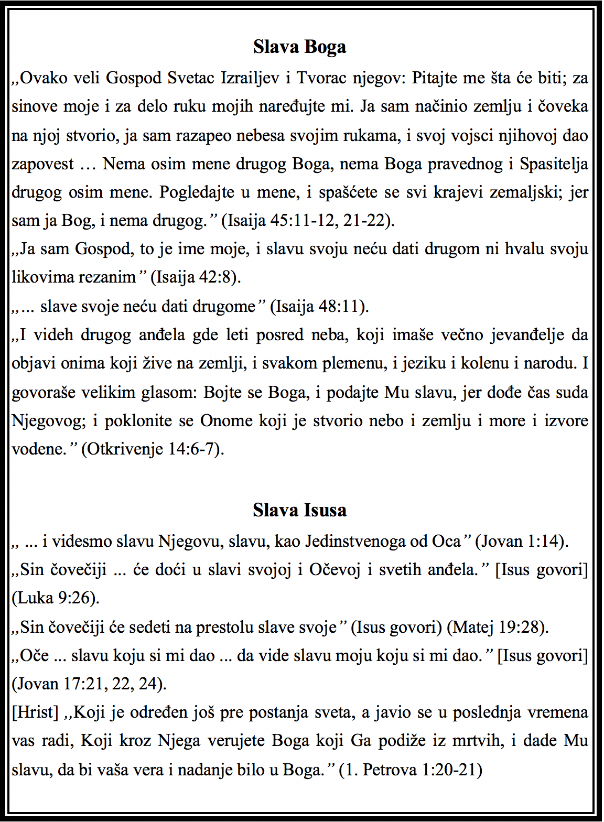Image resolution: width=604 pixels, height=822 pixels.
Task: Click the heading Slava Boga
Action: [x=299, y=47]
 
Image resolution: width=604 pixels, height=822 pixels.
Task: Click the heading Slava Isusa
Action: [x=299, y=510]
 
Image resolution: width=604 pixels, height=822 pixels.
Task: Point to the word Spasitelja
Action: [x=554, y=164]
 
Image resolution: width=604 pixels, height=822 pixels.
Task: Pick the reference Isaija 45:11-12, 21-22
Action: [x=307, y=221]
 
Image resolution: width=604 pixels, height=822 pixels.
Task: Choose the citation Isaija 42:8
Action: [x=196, y=277]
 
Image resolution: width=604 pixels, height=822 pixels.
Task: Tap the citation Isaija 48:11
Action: [x=319, y=306]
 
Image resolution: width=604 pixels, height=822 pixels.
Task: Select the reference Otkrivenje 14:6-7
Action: [x=153, y=449]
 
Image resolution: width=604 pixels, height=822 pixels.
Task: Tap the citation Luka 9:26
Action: [x=56, y=598]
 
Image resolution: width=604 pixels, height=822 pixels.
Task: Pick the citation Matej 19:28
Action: [x=498, y=627]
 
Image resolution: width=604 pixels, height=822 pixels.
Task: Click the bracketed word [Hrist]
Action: [x=35, y=712]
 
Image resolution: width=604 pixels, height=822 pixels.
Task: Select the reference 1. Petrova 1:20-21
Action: [x=411, y=770]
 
